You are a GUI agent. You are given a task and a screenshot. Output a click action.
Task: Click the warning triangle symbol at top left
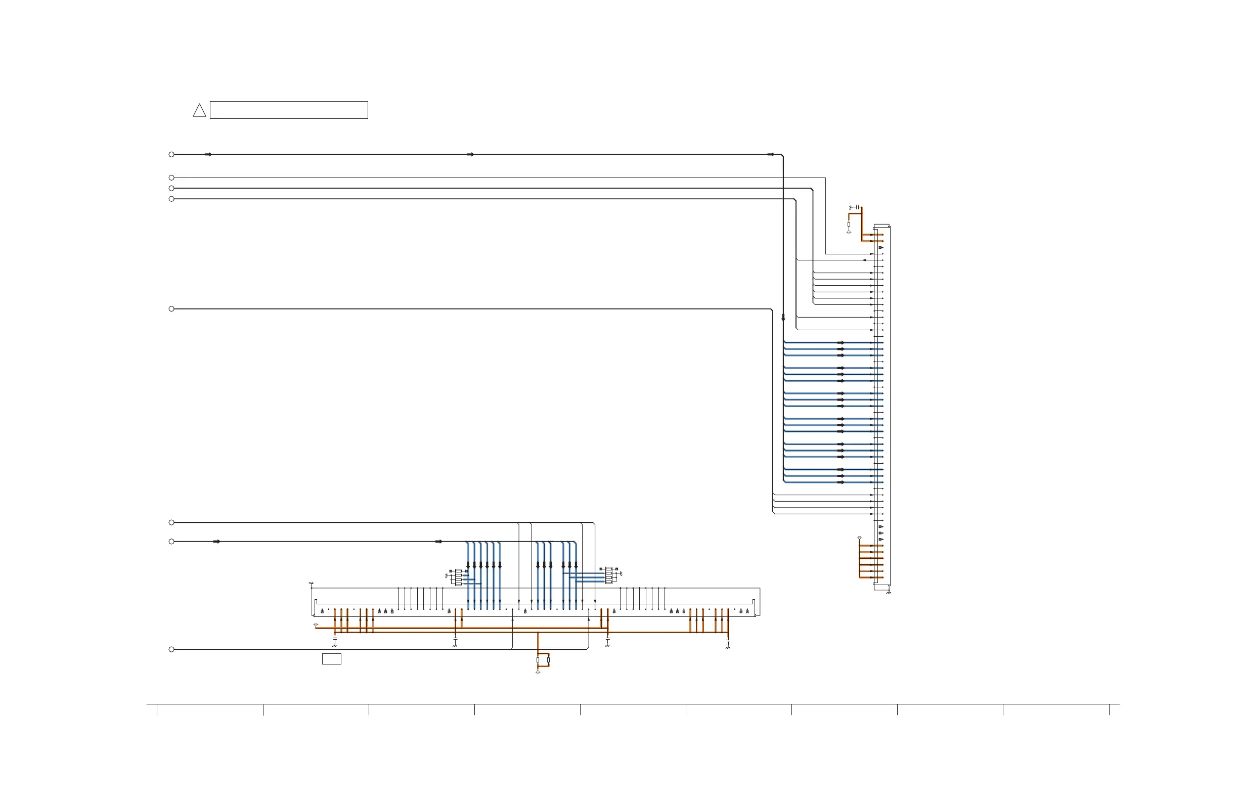[199, 111]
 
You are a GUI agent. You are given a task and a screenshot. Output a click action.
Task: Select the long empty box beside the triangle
[289, 110]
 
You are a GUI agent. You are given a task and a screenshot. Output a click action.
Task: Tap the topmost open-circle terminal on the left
[171, 154]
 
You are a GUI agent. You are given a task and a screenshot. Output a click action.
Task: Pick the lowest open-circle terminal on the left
[171, 649]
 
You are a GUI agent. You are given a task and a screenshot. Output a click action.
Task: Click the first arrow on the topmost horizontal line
[208, 154]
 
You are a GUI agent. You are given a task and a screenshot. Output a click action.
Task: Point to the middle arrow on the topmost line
[470, 154]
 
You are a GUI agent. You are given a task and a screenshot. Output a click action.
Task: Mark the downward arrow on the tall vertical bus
[783, 317]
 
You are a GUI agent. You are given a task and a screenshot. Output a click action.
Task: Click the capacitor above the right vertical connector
[854, 207]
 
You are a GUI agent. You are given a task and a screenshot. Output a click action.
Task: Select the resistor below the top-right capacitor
[849, 224]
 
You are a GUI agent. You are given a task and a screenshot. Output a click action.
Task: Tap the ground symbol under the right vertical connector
[889, 593]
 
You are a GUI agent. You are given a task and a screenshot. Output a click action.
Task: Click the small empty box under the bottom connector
[331, 659]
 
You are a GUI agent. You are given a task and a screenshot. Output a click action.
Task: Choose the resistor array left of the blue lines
[458, 577]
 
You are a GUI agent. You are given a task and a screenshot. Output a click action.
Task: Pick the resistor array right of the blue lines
[608, 575]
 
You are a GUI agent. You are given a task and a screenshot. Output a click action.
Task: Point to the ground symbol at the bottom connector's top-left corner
[311, 584]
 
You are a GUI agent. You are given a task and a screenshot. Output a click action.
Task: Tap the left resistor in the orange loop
[538, 660]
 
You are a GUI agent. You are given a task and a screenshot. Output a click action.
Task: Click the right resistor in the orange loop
[548, 660]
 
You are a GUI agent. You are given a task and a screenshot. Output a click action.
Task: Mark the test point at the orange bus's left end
[316, 624]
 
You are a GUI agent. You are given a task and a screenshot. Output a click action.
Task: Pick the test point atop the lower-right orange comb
[859, 538]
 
